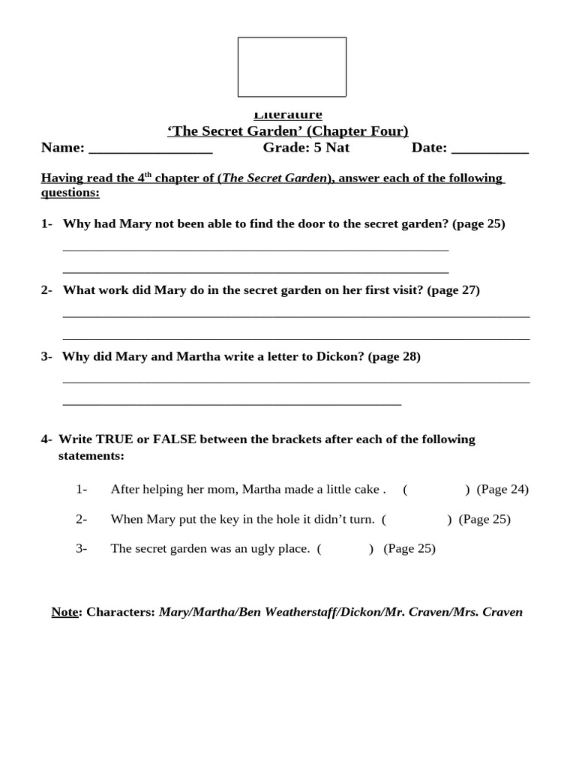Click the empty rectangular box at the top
(292, 67)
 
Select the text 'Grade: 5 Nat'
(306, 148)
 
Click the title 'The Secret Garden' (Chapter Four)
(288, 131)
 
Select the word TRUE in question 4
(114, 439)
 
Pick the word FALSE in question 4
(174, 439)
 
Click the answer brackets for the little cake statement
(436, 490)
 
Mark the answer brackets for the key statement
(416, 519)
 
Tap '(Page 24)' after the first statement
(502, 490)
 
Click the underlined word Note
(64, 612)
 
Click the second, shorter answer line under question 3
(232, 405)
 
